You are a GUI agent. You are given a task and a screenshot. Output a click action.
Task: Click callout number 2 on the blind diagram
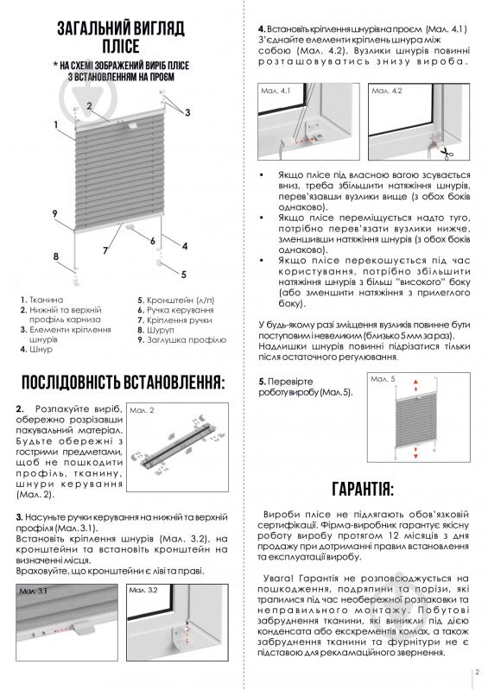pyautogui.click(x=89, y=106)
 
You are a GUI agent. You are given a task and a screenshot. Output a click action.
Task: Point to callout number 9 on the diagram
pyautogui.click(x=54, y=213)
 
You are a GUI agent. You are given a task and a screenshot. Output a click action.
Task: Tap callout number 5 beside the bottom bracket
pyautogui.click(x=184, y=274)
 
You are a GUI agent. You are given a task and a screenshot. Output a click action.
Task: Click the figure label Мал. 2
pyautogui.click(x=145, y=411)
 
